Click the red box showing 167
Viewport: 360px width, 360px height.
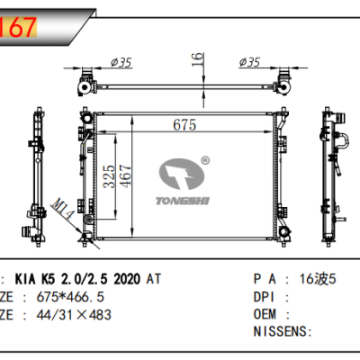coord(18,26)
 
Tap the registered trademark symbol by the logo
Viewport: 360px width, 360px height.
coord(204,161)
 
